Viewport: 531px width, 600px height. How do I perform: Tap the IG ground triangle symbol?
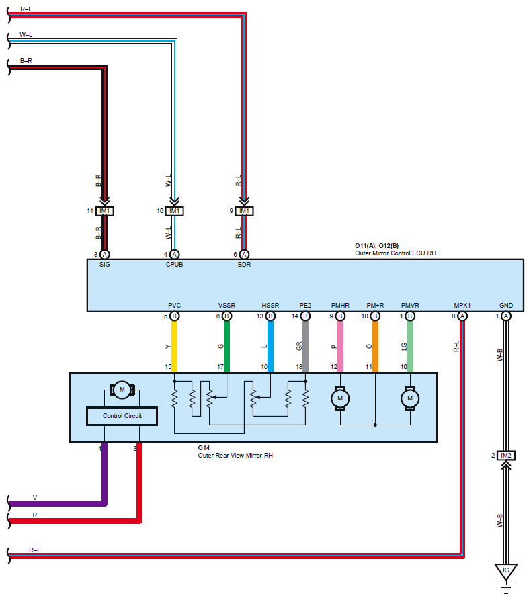click(x=505, y=572)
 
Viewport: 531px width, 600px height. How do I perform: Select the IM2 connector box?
click(x=505, y=456)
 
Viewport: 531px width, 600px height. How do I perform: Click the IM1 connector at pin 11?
click(x=104, y=211)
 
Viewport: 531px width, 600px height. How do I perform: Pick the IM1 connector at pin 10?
click(x=174, y=211)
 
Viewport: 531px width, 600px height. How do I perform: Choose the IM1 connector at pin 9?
click(x=244, y=211)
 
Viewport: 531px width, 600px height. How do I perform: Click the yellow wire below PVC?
click(x=174, y=346)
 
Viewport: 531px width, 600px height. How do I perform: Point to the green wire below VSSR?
click(x=227, y=346)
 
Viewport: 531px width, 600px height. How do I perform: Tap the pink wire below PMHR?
click(x=340, y=346)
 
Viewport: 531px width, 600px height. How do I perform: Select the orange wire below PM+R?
click(x=375, y=346)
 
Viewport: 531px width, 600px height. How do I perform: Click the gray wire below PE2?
click(x=305, y=346)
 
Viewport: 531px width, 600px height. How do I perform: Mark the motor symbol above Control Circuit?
click(x=122, y=390)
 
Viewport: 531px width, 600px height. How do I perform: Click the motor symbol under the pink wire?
click(x=340, y=398)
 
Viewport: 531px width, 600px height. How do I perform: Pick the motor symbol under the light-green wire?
click(x=410, y=398)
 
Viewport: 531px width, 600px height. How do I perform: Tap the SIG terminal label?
click(x=104, y=265)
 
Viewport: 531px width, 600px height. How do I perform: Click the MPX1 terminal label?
click(x=462, y=305)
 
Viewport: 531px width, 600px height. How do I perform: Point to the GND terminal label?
click(x=505, y=305)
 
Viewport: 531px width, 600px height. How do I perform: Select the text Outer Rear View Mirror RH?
click(x=235, y=456)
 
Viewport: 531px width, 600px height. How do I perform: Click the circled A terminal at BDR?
click(x=244, y=255)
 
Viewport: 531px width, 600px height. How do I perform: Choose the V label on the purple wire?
click(x=35, y=498)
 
